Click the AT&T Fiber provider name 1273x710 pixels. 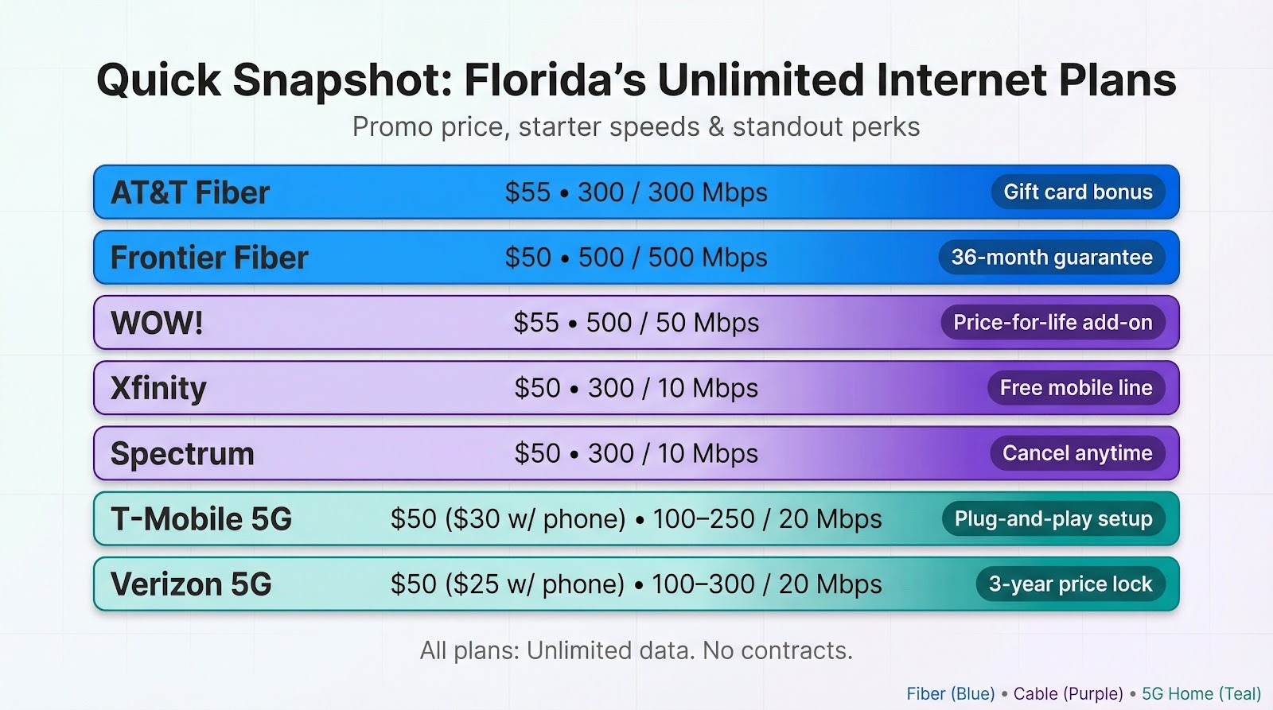click(x=190, y=192)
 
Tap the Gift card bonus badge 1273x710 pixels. click(x=1078, y=192)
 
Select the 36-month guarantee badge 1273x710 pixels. click(x=1051, y=258)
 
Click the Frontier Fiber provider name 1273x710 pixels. click(x=209, y=258)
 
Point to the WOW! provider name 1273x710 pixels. click(x=157, y=323)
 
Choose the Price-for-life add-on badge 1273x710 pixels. click(x=1052, y=323)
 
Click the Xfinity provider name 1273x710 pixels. click(x=158, y=388)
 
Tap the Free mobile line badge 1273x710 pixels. click(x=1076, y=388)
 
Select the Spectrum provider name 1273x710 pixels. click(x=182, y=454)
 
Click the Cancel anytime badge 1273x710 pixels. click(x=1077, y=453)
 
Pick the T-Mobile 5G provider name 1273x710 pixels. click(x=201, y=519)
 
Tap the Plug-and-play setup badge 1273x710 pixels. click(x=1053, y=519)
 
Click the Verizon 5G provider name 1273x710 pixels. click(x=191, y=584)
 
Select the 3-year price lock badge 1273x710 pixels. click(x=1070, y=584)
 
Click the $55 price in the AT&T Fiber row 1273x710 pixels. click(x=527, y=192)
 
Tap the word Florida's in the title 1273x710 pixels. click(x=555, y=80)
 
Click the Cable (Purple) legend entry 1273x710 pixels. click(x=1068, y=694)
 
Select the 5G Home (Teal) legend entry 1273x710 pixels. click(x=1201, y=694)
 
